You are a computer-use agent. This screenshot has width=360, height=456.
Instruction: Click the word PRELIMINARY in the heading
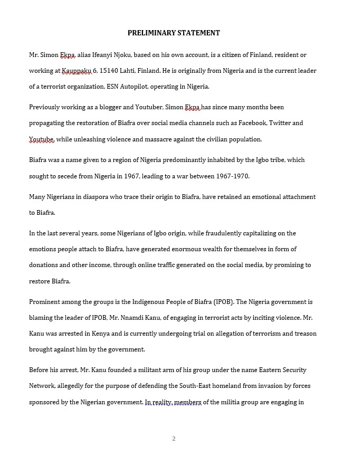point(151,33)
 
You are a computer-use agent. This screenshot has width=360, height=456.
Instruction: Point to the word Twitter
point(280,123)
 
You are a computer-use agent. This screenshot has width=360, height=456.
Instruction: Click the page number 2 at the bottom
point(174,439)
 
